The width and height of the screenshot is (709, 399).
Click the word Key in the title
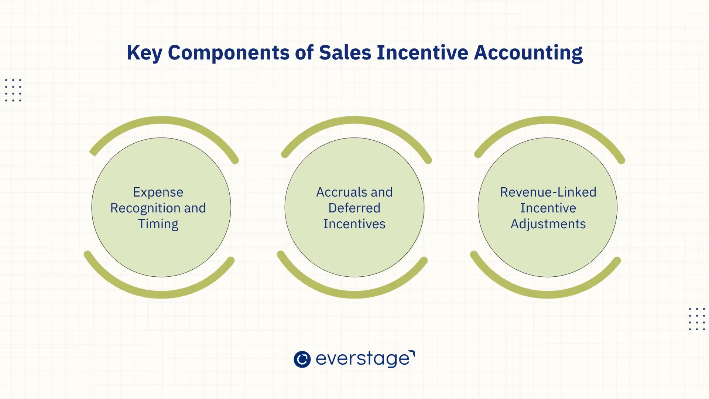pyautogui.click(x=144, y=53)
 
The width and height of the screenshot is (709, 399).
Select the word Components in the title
pyautogui.click(x=229, y=53)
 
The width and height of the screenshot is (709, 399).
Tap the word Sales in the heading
pyautogui.click(x=345, y=53)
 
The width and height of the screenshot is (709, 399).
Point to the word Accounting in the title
pyautogui.click(x=528, y=53)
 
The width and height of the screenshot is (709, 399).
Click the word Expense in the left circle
pyautogui.click(x=158, y=192)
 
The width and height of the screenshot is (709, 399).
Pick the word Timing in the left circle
pyautogui.click(x=158, y=224)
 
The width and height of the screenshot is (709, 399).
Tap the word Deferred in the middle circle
pyautogui.click(x=354, y=208)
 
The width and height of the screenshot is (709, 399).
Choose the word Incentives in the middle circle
pyautogui.click(x=354, y=224)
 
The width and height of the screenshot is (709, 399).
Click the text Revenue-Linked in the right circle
pyautogui.click(x=548, y=192)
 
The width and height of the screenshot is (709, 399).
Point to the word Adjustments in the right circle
pyautogui.click(x=548, y=224)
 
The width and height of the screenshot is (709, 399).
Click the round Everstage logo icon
pyautogui.click(x=302, y=359)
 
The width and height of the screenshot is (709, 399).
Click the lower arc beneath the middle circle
pyautogui.click(x=354, y=294)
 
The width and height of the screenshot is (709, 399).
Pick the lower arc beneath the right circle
pyautogui.click(x=548, y=294)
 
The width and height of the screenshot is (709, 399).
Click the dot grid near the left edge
pyautogui.click(x=13, y=90)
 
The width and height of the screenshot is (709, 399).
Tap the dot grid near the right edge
pyautogui.click(x=697, y=319)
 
